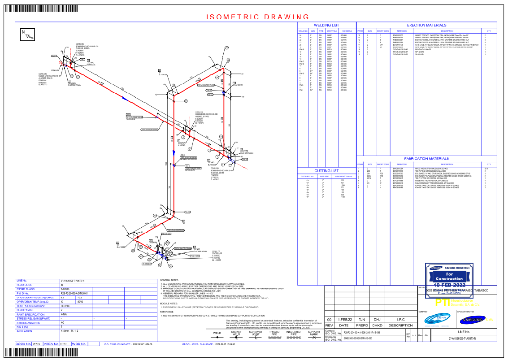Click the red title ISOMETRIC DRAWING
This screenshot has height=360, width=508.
[258, 17]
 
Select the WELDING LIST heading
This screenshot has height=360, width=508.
[326, 25]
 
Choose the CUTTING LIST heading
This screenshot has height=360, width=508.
[326, 171]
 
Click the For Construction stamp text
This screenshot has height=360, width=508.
[443, 276]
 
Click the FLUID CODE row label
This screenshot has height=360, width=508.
[25, 285]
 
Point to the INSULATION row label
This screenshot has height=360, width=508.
[25, 331]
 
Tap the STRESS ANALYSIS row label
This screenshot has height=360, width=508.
[27, 322]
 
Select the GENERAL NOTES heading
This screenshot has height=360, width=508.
[170, 279]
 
